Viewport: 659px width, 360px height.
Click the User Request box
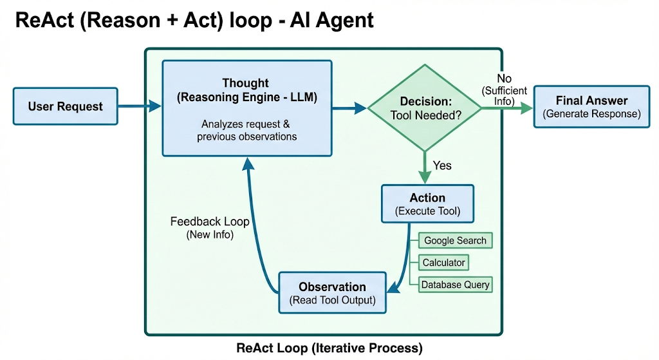(66, 106)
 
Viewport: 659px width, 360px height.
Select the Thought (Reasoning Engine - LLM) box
(246, 108)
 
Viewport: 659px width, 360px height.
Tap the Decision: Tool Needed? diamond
(425, 108)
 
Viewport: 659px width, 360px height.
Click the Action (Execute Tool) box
(427, 204)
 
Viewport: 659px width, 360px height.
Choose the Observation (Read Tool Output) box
(332, 293)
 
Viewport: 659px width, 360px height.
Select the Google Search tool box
(455, 241)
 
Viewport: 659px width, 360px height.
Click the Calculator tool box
(443, 263)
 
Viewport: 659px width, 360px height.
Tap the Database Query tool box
(455, 284)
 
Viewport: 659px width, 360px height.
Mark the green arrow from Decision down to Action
(425, 167)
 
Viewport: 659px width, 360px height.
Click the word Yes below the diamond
(442, 166)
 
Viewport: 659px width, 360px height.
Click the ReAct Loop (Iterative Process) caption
(329, 348)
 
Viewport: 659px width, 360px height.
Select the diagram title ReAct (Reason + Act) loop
(194, 20)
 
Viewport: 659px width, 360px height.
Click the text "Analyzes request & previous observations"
(246, 130)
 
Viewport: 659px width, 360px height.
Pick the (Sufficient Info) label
(505, 95)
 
